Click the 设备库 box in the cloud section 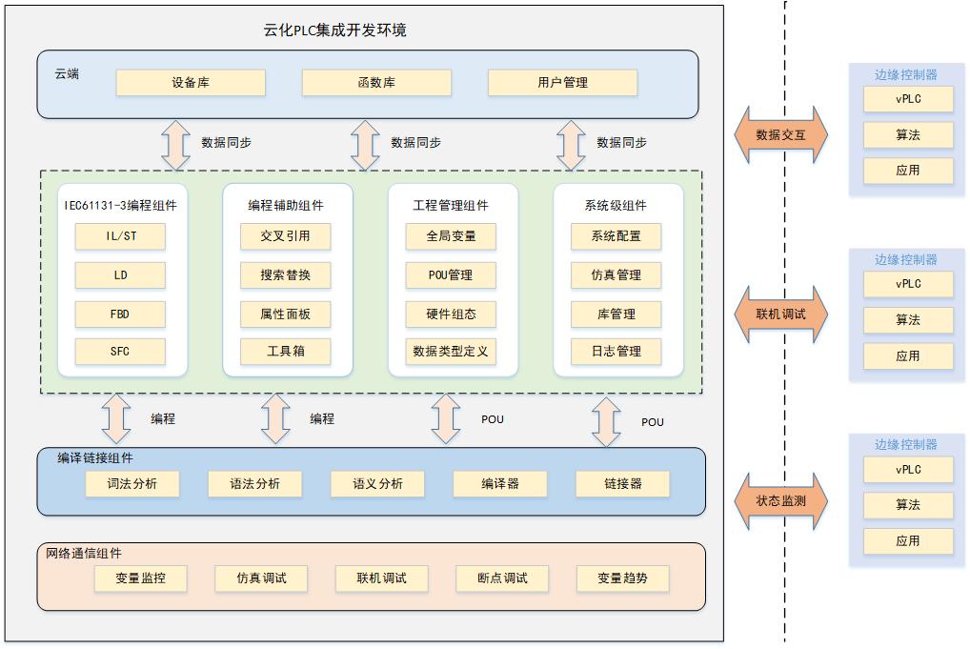pyautogui.click(x=191, y=83)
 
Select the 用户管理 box pyautogui.click(x=562, y=83)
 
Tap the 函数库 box pyautogui.click(x=376, y=83)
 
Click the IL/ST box pyautogui.click(x=120, y=236)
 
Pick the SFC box pyautogui.click(x=120, y=352)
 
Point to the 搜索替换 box pyautogui.click(x=286, y=275)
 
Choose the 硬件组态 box pyautogui.click(x=451, y=314)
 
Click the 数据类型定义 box pyautogui.click(x=451, y=352)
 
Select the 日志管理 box pyautogui.click(x=616, y=352)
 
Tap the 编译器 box pyautogui.click(x=500, y=484)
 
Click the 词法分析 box pyautogui.click(x=133, y=484)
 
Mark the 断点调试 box pyautogui.click(x=503, y=578)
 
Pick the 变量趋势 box pyautogui.click(x=623, y=578)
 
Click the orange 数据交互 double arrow pyautogui.click(x=781, y=135)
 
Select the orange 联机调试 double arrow pyautogui.click(x=781, y=314)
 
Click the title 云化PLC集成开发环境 pyautogui.click(x=334, y=30)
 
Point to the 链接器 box pyautogui.click(x=622, y=484)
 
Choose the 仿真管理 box pyautogui.click(x=616, y=275)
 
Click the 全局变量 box pyautogui.click(x=451, y=236)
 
